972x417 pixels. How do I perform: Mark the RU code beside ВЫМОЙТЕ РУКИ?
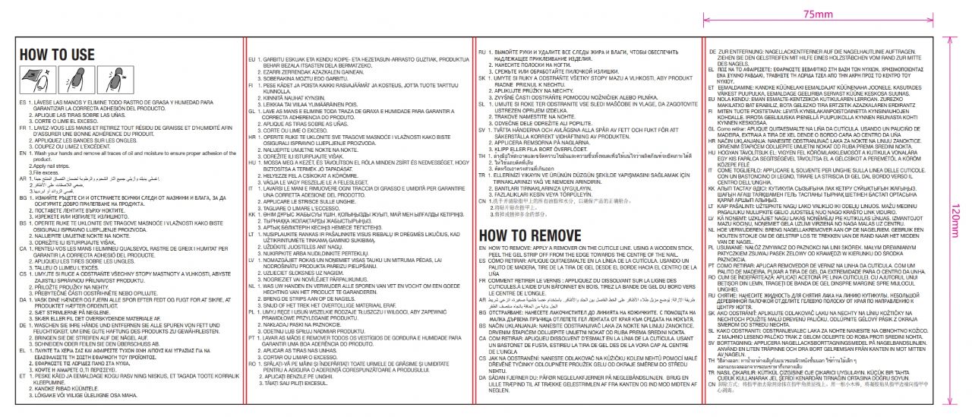coord(482,50)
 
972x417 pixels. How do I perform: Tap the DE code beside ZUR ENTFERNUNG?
coord(712,50)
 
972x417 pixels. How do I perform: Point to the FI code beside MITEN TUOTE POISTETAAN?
coord(712,112)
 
